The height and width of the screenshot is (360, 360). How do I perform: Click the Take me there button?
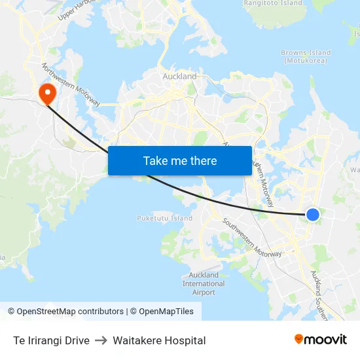[180, 160]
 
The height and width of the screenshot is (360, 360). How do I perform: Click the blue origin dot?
[313, 214]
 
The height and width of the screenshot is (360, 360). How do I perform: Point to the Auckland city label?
[179, 77]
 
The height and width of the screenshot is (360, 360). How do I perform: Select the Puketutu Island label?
[164, 218]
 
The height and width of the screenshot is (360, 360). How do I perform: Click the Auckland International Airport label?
[204, 283]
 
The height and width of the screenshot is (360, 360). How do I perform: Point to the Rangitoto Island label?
[273, 3]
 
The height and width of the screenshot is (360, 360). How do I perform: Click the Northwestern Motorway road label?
[71, 84]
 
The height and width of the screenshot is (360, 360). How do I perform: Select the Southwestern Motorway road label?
[251, 236]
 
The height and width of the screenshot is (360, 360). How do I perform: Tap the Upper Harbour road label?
[77, 7]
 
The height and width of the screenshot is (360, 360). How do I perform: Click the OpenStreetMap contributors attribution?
[66, 312]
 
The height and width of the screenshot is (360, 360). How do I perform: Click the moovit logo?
[321, 340]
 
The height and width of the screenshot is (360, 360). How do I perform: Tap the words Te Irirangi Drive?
[51, 340]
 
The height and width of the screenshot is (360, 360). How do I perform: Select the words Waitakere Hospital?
[159, 340]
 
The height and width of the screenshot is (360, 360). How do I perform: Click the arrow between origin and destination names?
[101, 340]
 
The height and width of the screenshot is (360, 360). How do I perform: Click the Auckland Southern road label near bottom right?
[323, 294]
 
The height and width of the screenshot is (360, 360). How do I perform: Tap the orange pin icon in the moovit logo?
[299, 340]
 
